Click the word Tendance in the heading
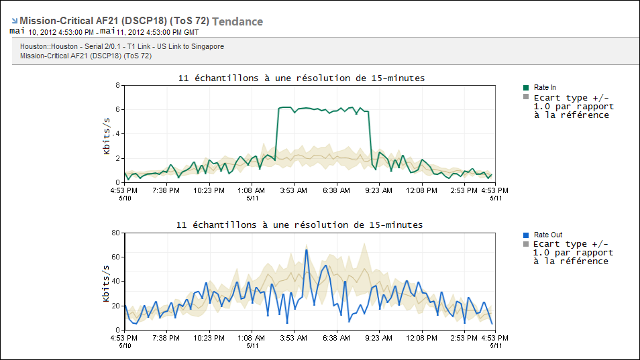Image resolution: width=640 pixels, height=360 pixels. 237,21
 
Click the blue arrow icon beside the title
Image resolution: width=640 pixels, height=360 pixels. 14,21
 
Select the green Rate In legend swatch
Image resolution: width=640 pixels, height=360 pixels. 527,87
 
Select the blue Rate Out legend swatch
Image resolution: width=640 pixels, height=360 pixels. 527,235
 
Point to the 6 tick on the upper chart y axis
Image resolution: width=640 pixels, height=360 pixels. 117,110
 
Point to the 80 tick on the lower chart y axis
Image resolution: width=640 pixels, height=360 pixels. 115,233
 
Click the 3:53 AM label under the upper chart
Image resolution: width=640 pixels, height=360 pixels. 293,190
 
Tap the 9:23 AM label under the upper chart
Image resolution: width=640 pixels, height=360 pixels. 379,190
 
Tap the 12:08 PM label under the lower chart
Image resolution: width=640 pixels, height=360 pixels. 423,338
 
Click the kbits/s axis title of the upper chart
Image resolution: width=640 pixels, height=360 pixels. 107,135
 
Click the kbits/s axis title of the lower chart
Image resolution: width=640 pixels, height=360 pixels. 107,283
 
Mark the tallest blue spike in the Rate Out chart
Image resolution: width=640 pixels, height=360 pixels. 307,251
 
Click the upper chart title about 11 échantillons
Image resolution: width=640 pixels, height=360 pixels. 301,78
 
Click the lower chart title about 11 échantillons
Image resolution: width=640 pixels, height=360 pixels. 299,225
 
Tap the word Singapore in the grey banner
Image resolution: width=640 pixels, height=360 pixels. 207,46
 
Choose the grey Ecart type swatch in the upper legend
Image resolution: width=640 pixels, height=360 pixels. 527,97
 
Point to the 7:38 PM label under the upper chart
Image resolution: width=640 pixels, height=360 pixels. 165,190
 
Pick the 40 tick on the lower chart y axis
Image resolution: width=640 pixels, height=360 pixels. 115,282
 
